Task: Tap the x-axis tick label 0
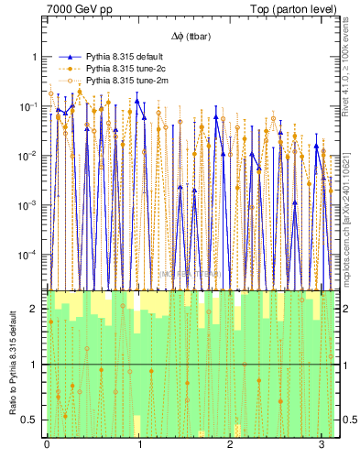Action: point(47,445)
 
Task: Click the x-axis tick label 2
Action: point(231,445)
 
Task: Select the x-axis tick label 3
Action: point(322,445)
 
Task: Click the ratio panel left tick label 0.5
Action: point(29,420)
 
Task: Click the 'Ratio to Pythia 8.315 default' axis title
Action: point(11,364)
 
